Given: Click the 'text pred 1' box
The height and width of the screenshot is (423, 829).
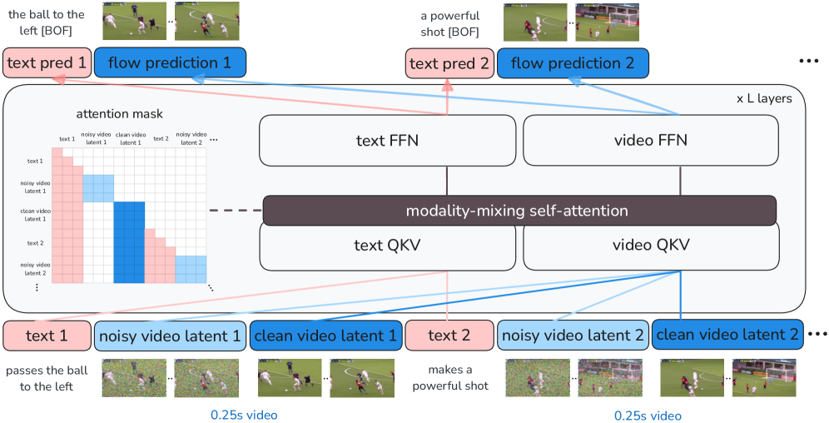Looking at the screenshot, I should point(47,63).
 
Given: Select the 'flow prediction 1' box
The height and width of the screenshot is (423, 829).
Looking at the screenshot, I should point(170,63).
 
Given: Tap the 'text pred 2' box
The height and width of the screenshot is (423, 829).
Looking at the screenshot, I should point(449,63).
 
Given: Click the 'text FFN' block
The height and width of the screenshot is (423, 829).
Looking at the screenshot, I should point(387,140).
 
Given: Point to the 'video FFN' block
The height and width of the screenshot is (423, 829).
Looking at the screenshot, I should point(650,140).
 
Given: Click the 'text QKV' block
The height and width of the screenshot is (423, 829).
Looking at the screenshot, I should point(387,246).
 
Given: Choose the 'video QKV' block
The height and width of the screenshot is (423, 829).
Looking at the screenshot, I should point(650,246).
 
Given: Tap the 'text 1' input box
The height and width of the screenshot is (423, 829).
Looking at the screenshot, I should point(47,336).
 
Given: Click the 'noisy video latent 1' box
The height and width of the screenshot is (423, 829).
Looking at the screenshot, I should point(170,336).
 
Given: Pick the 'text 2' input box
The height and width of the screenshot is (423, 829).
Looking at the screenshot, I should point(449,336).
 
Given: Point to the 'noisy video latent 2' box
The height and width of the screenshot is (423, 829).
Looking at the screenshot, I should point(573,336).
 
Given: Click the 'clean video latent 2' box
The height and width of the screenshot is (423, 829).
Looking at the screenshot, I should point(727,335).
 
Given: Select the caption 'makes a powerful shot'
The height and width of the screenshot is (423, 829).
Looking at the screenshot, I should point(450,377).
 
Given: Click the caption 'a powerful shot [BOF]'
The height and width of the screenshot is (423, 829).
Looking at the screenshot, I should point(450,23).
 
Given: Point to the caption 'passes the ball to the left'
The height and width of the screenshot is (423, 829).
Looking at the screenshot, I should point(47,377).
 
